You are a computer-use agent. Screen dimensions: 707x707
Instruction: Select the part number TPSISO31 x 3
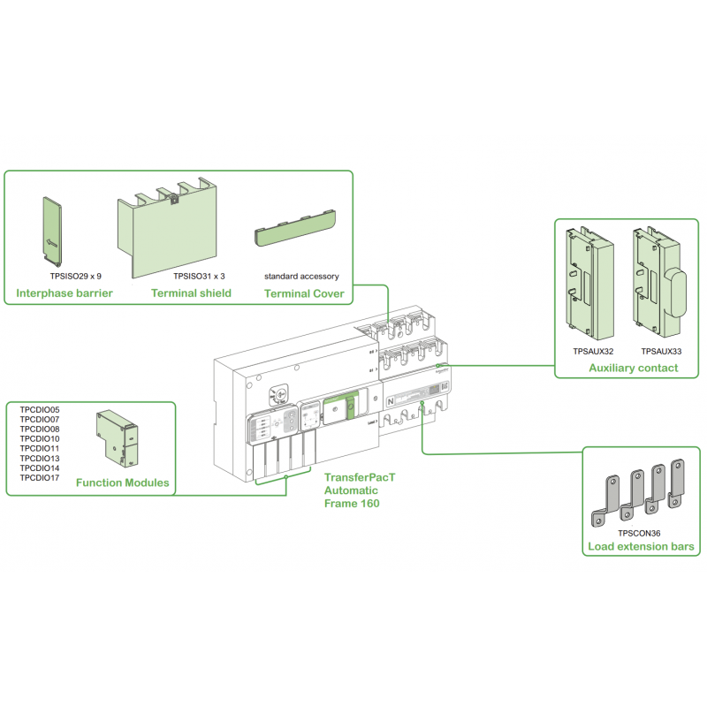[x=199, y=276]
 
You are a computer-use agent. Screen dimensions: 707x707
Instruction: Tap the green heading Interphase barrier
[x=65, y=293]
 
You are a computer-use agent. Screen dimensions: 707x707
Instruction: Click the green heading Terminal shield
[x=191, y=293]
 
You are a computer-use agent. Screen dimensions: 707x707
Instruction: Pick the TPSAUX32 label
[x=593, y=351]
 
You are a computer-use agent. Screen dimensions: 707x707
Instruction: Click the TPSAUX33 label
[x=660, y=351]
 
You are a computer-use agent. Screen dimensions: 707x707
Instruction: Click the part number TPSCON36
[x=640, y=533]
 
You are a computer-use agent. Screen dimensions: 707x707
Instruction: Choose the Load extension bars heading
[x=642, y=548]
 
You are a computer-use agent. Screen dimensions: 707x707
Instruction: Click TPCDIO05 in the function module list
[x=40, y=410]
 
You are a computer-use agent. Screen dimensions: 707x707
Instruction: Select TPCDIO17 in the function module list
[x=40, y=478]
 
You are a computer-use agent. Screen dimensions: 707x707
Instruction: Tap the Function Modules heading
[x=123, y=483]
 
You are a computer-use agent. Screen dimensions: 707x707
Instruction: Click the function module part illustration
[x=115, y=437]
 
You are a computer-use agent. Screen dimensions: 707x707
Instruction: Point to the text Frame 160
[x=351, y=504]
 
